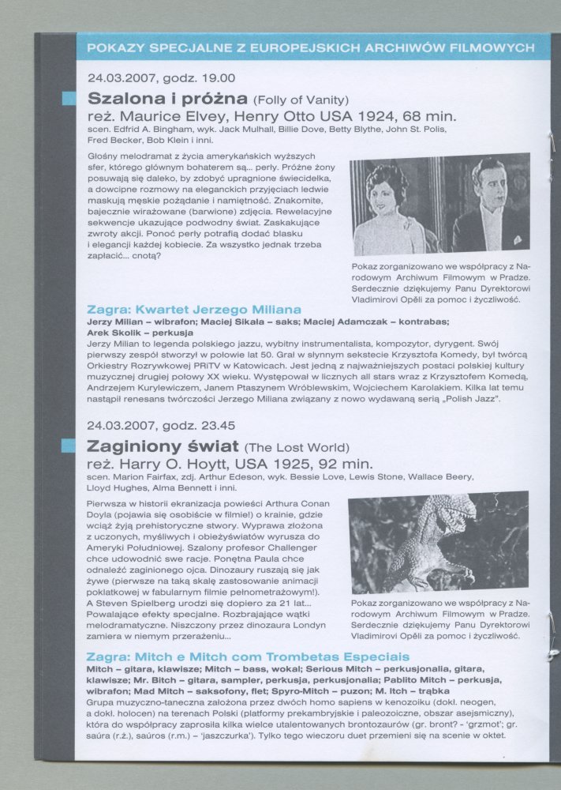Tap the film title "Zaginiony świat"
coord(163,445)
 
